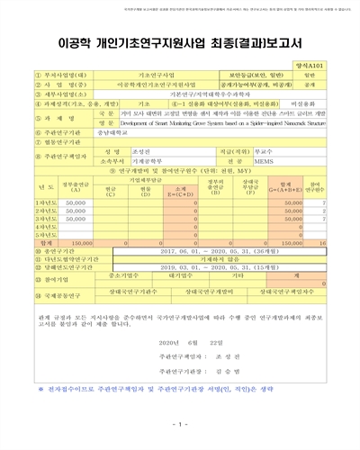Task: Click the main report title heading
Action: click(180, 41)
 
